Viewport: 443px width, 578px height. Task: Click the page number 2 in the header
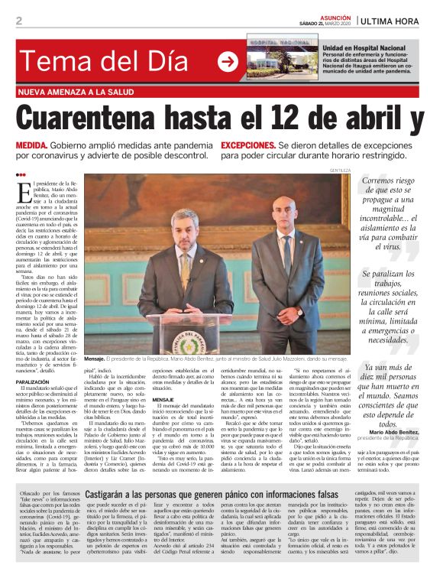point(18,21)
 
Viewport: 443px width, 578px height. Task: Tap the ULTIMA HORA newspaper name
point(399,20)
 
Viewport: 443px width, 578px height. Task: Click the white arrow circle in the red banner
point(228,61)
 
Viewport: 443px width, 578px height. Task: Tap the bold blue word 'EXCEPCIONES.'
point(247,144)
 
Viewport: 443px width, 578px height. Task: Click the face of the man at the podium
point(184,228)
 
